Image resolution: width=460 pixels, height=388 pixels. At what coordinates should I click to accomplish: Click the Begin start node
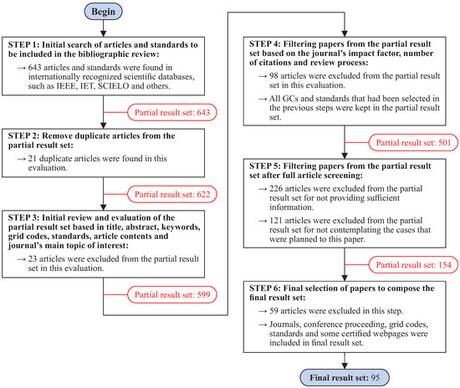(x=101, y=13)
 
